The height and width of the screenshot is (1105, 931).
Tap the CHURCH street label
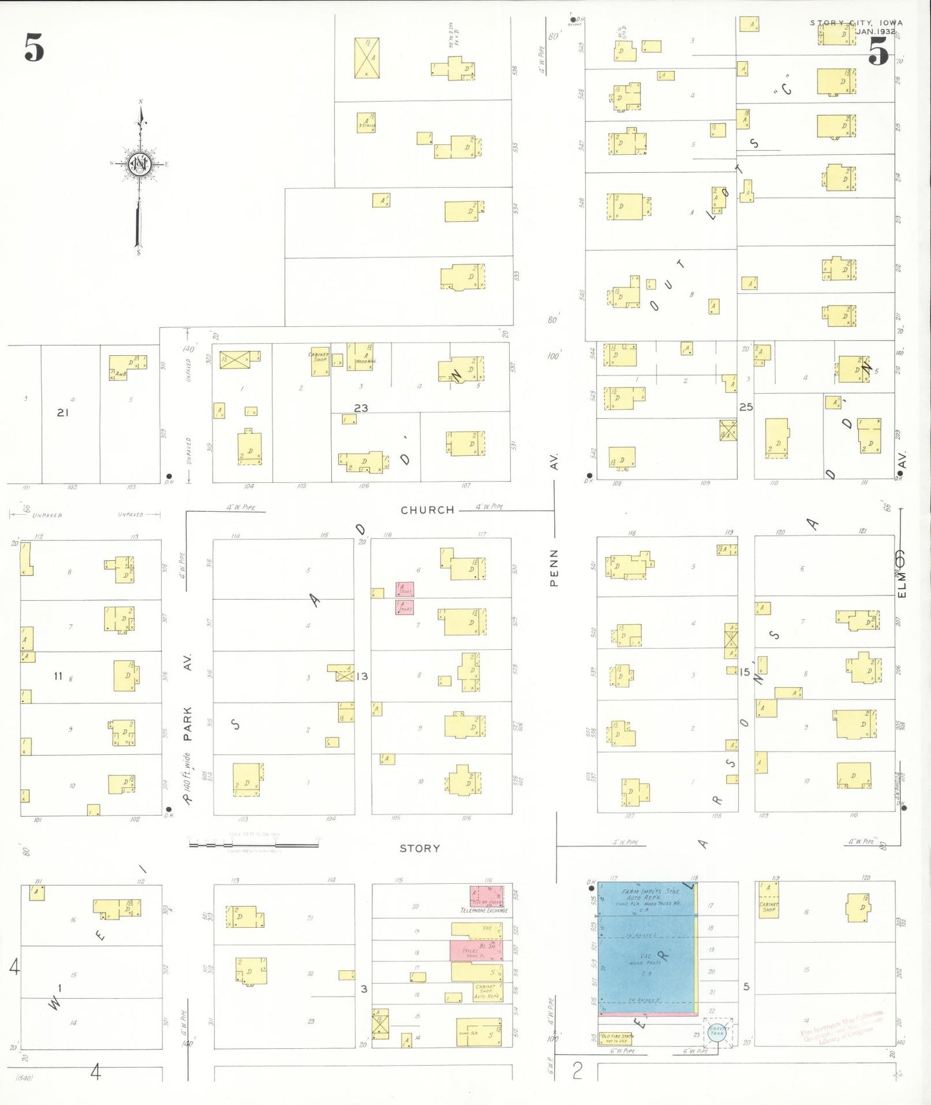click(427, 510)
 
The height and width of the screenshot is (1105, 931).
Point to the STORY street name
click(419, 848)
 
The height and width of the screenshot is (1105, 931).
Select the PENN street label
click(553, 568)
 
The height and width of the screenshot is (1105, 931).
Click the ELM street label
click(901, 583)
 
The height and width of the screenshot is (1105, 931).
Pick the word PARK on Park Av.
click(187, 724)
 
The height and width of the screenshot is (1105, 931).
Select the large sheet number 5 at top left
click(34, 48)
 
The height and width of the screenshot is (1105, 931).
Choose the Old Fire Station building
click(617, 1039)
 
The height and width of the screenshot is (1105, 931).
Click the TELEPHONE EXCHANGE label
click(484, 910)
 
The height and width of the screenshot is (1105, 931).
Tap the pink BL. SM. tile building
click(475, 950)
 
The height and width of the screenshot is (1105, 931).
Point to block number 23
click(361, 408)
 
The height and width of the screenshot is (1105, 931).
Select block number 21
click(62, 413)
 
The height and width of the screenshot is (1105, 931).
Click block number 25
click(746, 407)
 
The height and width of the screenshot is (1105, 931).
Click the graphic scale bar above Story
click(254, 843)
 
